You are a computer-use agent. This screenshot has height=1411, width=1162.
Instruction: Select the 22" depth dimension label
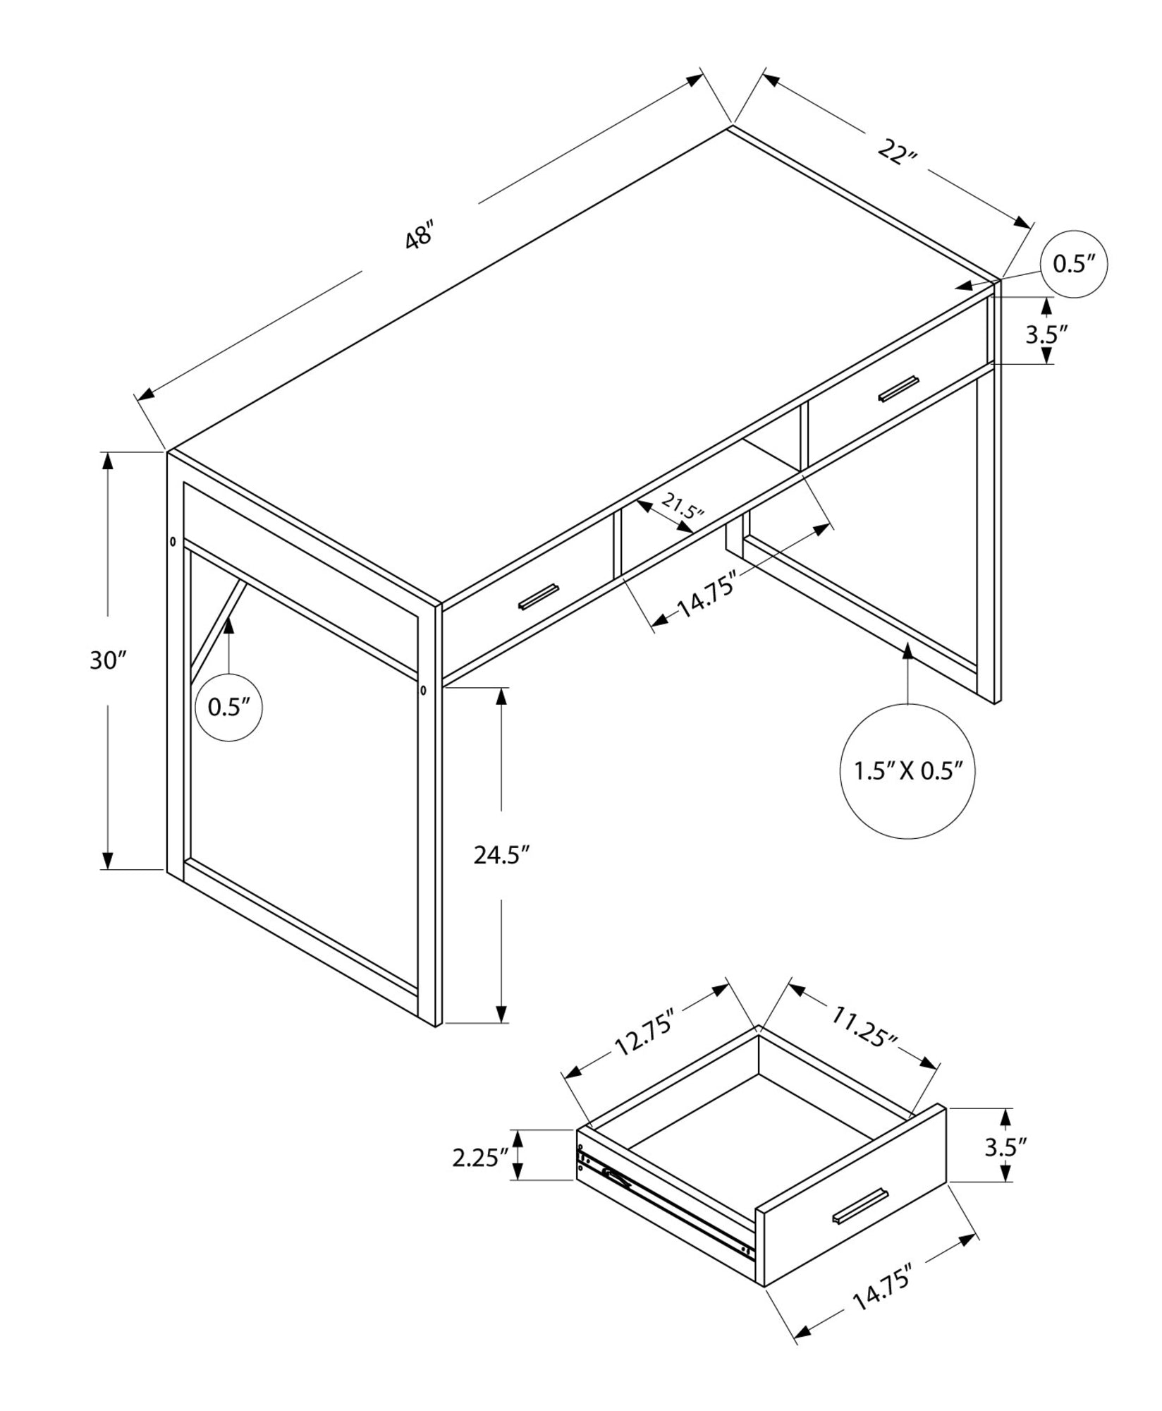pyautogui.click(x=896, y=152)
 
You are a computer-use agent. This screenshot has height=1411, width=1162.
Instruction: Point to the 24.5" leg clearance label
pyautogui.click(x=501, y=855)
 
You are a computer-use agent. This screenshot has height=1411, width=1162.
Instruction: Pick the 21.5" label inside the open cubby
pyautogui.click(x=682, y=505)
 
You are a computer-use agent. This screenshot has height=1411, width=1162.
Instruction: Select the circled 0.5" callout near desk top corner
pyautogui.click(x=1074, y=264)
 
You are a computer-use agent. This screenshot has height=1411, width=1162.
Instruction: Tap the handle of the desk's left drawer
pyautogui.click(x=539, y=596)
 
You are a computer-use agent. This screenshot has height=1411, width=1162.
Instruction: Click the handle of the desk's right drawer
pyautogui.click(x=898, y=389)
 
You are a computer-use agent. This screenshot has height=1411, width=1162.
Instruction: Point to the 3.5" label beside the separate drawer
pyautogui.click(x=1004, y=1148)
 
